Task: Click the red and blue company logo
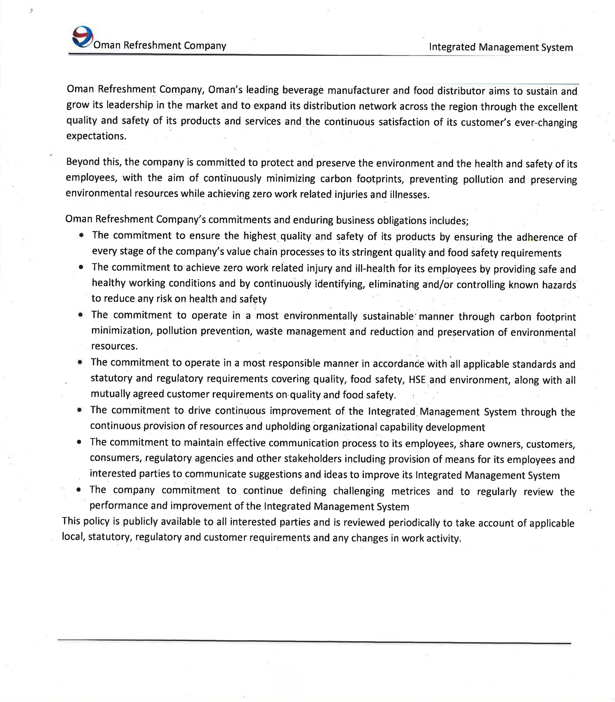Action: click(82, 36)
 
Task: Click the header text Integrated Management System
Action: click(501, 47)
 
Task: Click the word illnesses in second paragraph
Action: click(409, 195)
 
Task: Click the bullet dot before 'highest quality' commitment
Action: click(81, 235)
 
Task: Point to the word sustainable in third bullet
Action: click(388, 316)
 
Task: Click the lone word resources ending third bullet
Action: click(114, 346)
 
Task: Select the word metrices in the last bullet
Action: click(410, 491)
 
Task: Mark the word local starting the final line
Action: click(73, 537)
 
